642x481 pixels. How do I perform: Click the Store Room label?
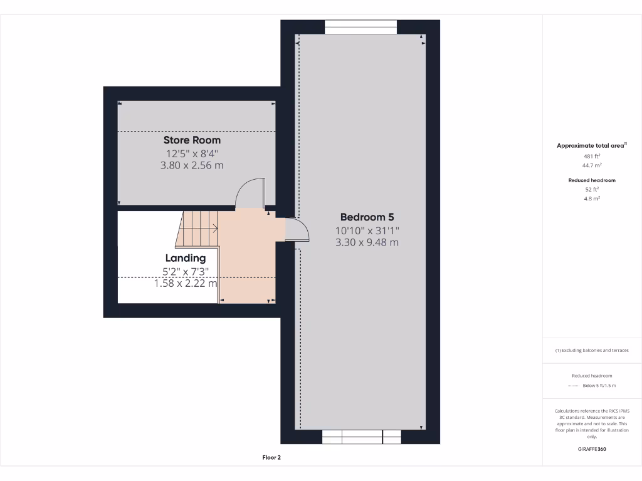click(x=192, y=140)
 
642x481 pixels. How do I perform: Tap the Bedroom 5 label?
click(x=367, y=217)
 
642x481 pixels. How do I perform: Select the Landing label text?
click(x=186, y=258)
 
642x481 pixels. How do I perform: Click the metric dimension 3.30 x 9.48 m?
click(x=367, y=242)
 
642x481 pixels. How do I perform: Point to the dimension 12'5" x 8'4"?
click(x=192, y=153)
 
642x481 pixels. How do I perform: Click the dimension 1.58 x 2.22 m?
click(x=186, y=283)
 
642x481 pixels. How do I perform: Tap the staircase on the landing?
click(x=197, y=229)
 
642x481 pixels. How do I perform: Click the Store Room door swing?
click(x=250, y=193)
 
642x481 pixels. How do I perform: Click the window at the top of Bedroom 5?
click(x=360, y=27)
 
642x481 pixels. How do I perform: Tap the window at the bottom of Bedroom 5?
click(x=361, y=437)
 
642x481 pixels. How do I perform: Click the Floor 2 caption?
click(x=271, y=458)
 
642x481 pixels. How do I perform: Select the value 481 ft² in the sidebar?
click(x=592, y=156)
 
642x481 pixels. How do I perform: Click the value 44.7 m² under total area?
click(x=592, y=165)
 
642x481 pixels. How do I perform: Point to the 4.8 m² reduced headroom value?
click(x=592, y=198)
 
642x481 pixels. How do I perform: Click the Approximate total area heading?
click(x=591, y=145)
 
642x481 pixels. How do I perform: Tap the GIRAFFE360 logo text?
click(x=592, y=449)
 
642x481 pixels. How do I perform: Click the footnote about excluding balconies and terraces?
click(x=592, y=351)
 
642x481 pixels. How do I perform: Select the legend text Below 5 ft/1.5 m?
click(x=599, y=386)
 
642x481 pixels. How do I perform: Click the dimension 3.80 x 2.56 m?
click(x=192, y=166)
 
